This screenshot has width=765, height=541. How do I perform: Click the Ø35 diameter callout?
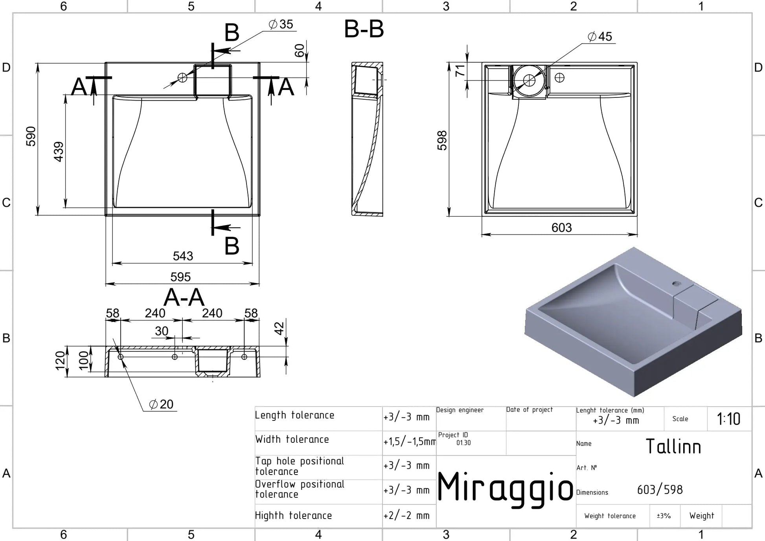281,24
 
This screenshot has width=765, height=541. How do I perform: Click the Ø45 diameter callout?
599,37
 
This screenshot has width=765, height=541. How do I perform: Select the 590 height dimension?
31,136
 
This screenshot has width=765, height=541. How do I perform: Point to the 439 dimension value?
59,152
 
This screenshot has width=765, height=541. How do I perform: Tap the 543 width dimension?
183,256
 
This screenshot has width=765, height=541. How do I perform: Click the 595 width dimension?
180,277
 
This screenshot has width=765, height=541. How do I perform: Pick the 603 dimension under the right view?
561,228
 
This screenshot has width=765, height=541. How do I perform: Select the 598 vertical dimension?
442,140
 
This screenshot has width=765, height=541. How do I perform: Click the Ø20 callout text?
161,404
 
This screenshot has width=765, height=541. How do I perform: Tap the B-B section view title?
364,29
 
